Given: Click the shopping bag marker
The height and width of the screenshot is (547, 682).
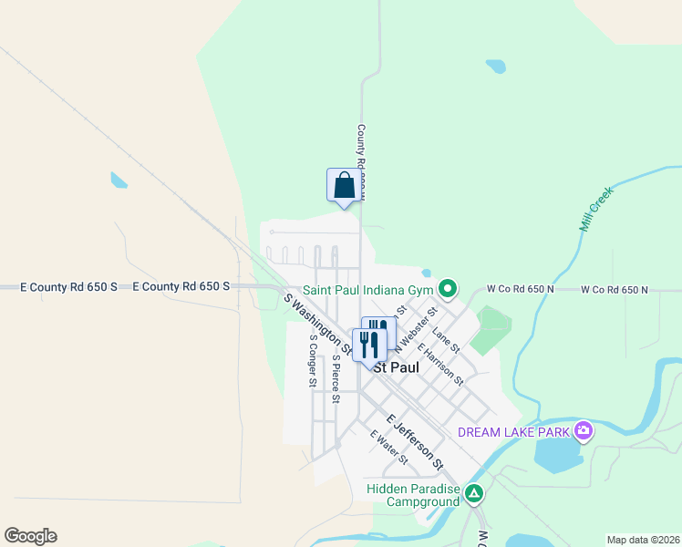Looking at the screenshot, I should click(x=343, y=185).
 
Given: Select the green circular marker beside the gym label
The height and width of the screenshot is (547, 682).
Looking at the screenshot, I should click(x=448, y=290).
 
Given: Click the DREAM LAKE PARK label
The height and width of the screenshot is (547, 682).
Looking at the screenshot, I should click(x=514, y=431).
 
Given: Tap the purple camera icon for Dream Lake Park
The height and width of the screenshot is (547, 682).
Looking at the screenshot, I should click(x=584, y=430).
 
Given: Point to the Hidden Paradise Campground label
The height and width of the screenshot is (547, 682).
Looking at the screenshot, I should click(x=412, y=495).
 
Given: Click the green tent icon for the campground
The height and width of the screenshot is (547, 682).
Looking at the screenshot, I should click(x=474, y=494).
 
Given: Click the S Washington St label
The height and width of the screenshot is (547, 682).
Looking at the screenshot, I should click(x=318, y=324).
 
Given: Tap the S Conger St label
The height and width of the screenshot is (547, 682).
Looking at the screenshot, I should click(x=312, y=360).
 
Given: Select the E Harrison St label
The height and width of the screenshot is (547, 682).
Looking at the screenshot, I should click(x=440, y=363).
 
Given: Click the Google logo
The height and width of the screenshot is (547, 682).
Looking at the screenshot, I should click(x=30, y=536).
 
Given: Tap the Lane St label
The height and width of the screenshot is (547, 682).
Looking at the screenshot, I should click(x=446, y=339).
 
